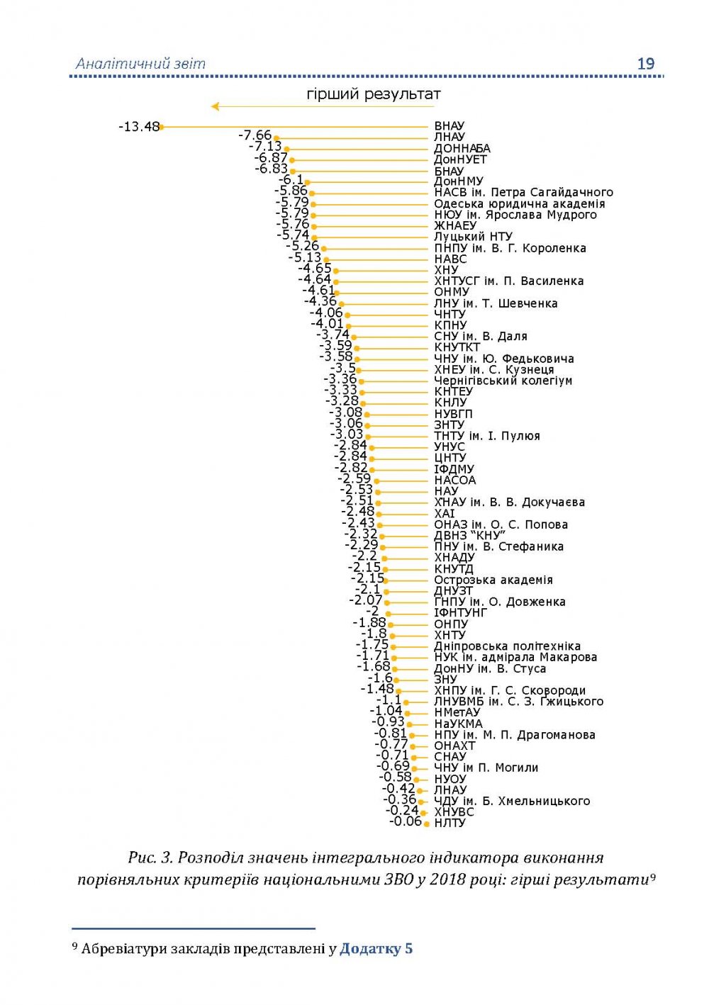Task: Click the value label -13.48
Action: [x=139, y=127]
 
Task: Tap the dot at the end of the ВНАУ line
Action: [x=162, y=127]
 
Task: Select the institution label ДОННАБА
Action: [x=462, y=149]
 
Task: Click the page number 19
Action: [x=646, y=64]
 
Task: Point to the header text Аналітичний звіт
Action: [x=140, y=64]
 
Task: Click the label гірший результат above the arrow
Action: [x=373, y=94]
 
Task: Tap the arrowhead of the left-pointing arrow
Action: [x=215, y=107]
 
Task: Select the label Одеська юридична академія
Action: [x=519, y=204]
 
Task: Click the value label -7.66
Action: [x=255, y=135]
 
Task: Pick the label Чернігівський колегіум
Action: [x=503, y=381]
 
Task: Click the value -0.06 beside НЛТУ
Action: [x=406, y=821]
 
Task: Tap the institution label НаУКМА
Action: [x=458, y=724]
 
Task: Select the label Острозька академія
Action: [x=493, y=580]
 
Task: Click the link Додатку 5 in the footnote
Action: [x=376, y=948]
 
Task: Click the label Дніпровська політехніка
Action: [x=507, y=646]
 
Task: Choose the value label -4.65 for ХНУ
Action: [x=315, y=269]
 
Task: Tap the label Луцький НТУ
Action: [x=473, y=237]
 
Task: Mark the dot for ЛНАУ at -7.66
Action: [x=277, y=138]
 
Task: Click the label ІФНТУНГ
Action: [x=460, y=612]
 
